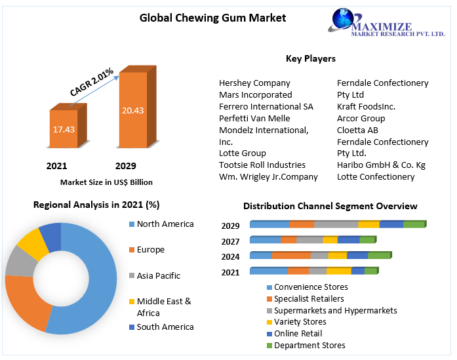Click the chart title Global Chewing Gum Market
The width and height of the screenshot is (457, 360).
pyautogui.click(x=212, y=18)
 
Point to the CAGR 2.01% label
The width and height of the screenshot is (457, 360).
pyautogui.click(x=92, y=81)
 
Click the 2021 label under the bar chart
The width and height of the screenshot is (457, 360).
pyautogui.click(x=56, y=166)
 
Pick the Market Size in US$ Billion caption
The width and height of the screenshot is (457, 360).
pyautogui.click(x=106, y=182)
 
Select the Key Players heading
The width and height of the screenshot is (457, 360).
pyautogui.click(x=310, y=58)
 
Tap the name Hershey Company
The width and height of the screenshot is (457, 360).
pyautogui.click(x=254, y=83)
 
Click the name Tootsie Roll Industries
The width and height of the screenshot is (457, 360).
pyautogui.click(x=262, y=165)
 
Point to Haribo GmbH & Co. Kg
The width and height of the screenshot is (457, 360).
pyautogui.click(x=381, y=165)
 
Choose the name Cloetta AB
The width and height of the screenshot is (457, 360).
pyautogui.click(x=357, y=130)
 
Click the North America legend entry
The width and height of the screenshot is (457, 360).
pyautogui.click(x=165, y=224)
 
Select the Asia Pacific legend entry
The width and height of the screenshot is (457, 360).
pyautogui.click(x=158, y=275)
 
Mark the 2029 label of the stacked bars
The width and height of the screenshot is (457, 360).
pyautogui.click(x=230, y=226)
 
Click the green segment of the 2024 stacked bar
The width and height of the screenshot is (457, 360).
pyautogui.click(x=378, y=256)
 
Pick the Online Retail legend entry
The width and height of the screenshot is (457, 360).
pyautogui.click(x=298, y=334)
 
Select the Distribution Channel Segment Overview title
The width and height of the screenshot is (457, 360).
pyautogui.click(x=330, y=206)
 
